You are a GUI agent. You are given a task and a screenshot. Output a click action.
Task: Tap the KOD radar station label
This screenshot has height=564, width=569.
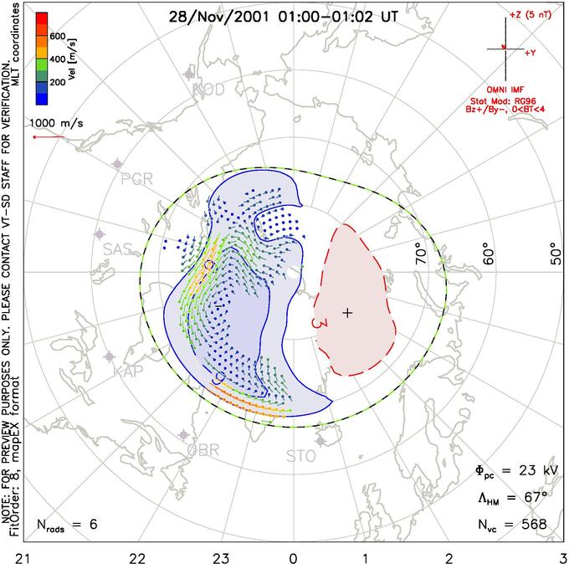click(208, 90)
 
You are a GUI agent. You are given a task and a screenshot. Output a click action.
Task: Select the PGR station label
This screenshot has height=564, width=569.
click(136, 179)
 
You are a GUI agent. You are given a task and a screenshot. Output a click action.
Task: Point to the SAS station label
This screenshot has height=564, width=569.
click(118, 249)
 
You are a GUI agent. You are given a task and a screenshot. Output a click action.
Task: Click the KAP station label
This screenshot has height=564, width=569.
click(128, 371)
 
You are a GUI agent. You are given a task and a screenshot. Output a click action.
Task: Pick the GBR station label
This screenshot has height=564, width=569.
click(203, 449)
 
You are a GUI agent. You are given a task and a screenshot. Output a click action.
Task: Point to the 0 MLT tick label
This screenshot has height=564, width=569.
click(293, 556)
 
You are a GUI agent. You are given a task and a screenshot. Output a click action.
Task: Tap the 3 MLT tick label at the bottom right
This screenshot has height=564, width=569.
click(562, 556)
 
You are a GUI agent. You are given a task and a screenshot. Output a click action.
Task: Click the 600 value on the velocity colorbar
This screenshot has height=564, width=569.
click(58, 37)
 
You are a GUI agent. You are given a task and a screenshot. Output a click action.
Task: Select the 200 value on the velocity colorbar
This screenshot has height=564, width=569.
click(58, 83)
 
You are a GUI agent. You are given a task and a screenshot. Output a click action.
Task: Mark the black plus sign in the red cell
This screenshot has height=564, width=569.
click(348, 312)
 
